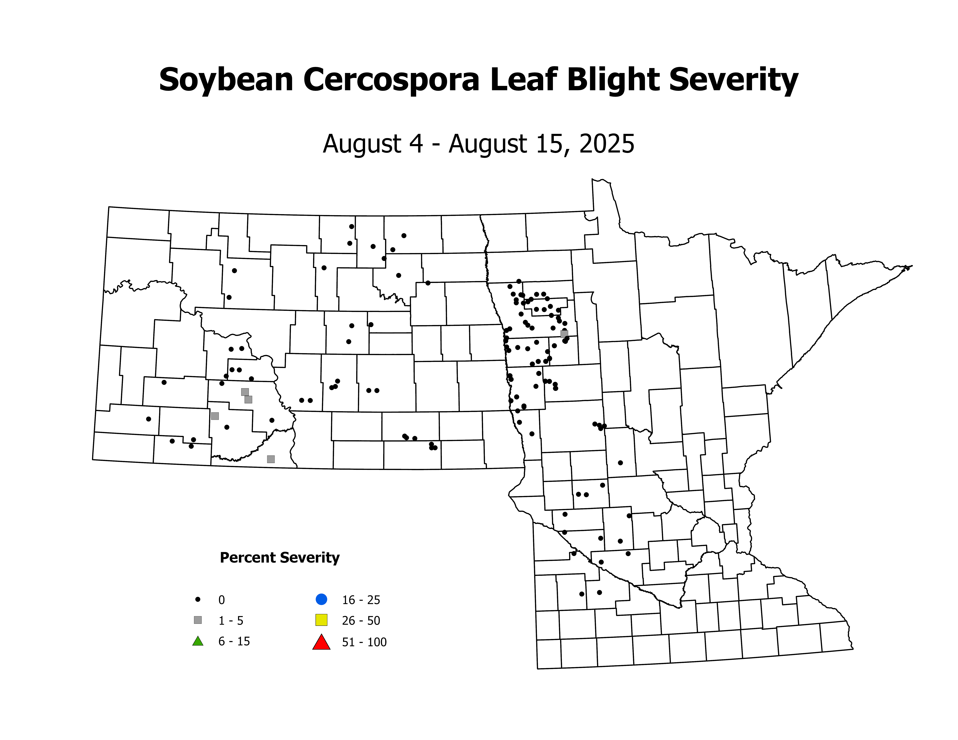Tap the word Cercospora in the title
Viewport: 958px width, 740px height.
391,80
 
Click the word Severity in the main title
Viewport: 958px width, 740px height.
734,80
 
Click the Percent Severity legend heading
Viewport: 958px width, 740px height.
279,558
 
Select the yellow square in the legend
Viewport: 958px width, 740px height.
321,620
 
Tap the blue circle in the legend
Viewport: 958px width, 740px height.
321,599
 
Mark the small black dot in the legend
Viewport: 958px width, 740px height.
198,599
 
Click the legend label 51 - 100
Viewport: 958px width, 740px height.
364,642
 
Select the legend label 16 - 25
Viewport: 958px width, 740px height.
361,600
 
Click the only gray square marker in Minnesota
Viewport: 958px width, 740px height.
564,334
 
